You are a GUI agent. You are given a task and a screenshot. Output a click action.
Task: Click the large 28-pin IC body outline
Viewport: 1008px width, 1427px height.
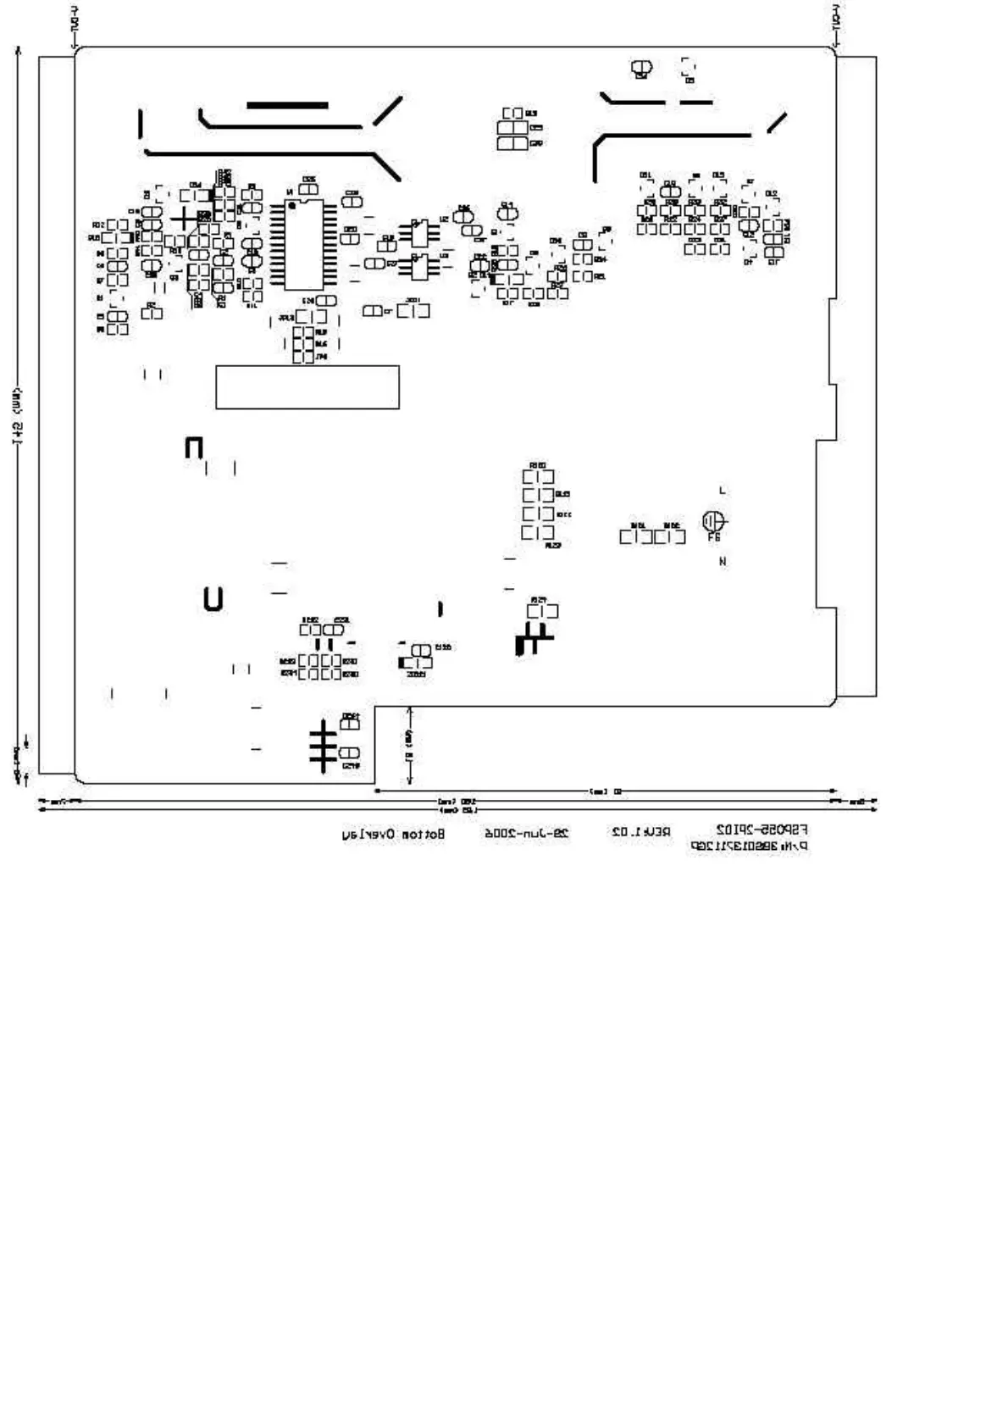point(304,245)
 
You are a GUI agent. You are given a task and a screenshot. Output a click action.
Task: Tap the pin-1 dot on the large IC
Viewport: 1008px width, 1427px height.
point(291,205)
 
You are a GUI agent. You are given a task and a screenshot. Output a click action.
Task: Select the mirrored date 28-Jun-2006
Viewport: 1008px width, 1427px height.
point(526,834)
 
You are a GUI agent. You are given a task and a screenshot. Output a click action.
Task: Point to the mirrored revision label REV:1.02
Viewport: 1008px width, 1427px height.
point(640,833)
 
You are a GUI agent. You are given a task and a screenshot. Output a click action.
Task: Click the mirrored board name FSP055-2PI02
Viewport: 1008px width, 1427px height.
point(762,829)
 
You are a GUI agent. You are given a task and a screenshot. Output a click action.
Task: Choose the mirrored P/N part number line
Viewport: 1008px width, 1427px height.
point(747,846)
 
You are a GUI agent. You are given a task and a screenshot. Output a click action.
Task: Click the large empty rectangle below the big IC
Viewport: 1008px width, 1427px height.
point(307,387)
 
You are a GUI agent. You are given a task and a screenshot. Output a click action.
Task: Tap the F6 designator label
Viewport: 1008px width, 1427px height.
point(714,537)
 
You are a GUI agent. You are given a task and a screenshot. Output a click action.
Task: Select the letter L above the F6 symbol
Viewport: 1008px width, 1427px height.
point(722,491)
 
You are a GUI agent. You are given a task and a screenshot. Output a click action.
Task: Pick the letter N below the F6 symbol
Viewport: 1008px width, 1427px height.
point(723,561)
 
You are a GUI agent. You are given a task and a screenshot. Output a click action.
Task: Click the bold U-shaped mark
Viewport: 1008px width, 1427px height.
point(213,599)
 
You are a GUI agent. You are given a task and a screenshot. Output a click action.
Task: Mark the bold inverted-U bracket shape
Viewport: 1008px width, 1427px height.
point(194,447)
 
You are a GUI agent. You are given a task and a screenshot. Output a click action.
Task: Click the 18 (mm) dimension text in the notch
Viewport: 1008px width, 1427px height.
point(408,745)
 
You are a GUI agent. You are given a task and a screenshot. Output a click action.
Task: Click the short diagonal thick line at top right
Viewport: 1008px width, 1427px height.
point(777,122)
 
